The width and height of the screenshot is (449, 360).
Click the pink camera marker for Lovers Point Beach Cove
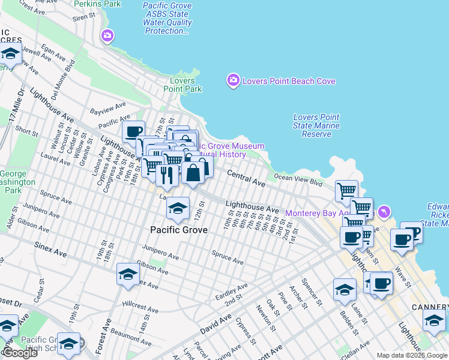pyautogui.click(x=233, y=80)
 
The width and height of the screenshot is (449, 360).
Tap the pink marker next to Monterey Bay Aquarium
pyautogui.click(x=384, y=212)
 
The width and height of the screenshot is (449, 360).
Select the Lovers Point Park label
pyautogui.click(x=182, y=85)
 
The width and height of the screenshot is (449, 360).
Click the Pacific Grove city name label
pyautogui.click(x=179, y=230)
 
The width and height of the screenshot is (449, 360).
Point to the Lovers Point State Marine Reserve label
pyautogui.click(x=316, y=126)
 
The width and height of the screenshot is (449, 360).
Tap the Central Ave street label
pyautogui.click(x=246, y=177)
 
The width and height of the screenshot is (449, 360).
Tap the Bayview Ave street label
pyautogui.click(x=109, y=109)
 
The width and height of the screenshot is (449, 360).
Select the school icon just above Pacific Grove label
pyautogui.click(x=178, y=208)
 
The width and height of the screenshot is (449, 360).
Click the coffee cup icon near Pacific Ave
pyautogui.click(x=133, y=131)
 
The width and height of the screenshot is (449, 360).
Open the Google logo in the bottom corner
pyautogui.click(x=19, y=353)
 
